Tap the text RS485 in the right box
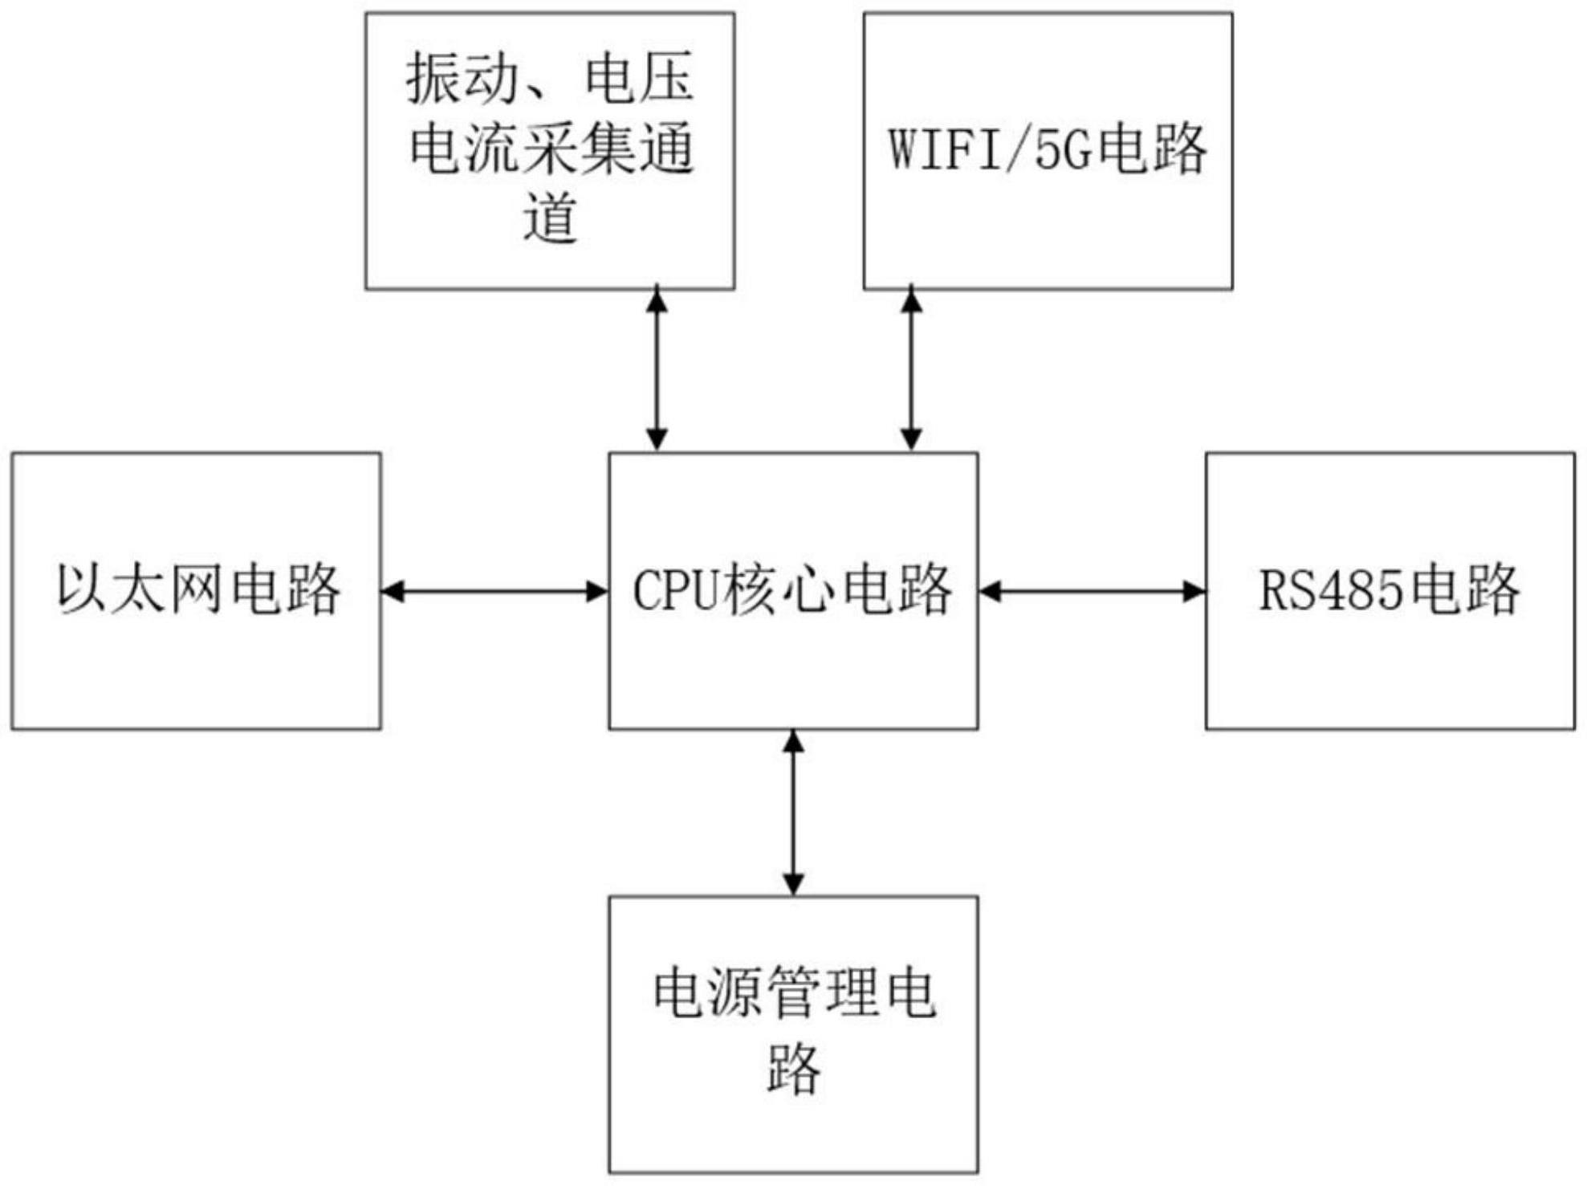[x=1332, y=592]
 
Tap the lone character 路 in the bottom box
[x=793, y=1068]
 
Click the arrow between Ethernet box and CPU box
[x=494, y=593]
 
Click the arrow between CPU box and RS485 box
[x=1092, y=593]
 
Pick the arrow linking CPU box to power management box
[x=793, y=813]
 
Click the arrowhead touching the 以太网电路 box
[x=392, y=593]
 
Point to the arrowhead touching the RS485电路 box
[x=1194, y=593]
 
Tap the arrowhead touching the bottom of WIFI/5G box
[x=911, y=300]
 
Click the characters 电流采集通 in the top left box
[x=550, y=149]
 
